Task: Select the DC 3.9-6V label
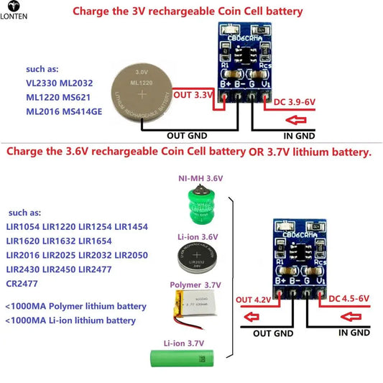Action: click(x=295, y=103)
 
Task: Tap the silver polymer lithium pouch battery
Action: click(x=198, y=312)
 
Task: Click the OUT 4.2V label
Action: click(x=252, y=299)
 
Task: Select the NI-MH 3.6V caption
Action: click(x=201, y=177)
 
